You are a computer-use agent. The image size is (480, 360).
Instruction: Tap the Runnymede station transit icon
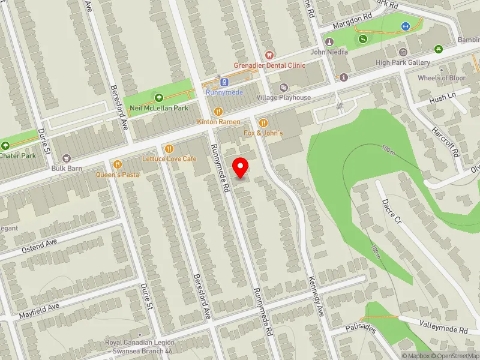pyautogui.click(x=224, y=82)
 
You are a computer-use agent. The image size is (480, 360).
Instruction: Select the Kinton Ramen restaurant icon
pyautogui.click(x=219, y=111)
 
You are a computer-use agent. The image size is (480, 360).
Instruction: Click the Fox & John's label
pyautogui.click(x=263, y=132)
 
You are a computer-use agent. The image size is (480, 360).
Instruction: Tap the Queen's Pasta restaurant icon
pyautogui.click(x=118, y=164)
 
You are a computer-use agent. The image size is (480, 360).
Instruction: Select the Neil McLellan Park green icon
pyautogui.click(x=158, y=97)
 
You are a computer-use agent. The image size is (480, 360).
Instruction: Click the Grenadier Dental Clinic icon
pyautogui.click(x=269, y=55)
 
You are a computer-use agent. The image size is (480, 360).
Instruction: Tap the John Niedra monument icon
pyautogui.click(x=329, y=42)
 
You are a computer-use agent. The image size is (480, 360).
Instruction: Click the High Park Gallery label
pyautogui.click(x=403, y=62)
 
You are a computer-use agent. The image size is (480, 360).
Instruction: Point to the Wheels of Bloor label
pyautogui.click(x=441, y=78)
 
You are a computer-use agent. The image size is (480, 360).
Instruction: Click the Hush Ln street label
pyautogui.click(x=442, y=96)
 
